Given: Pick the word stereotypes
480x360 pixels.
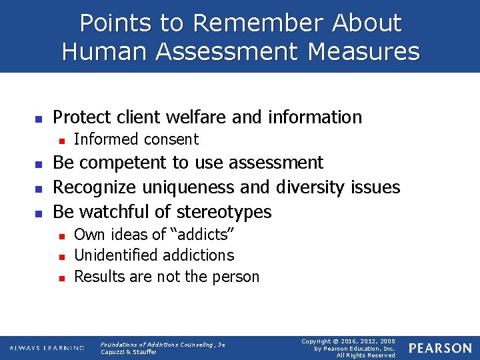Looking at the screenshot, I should (x=223, y=212).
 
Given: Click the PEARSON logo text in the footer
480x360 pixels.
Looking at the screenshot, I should (x=440, y=348).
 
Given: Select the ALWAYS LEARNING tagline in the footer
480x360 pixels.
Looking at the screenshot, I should (x=47, y=348).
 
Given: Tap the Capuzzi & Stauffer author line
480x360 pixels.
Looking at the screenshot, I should (x=129, y=352).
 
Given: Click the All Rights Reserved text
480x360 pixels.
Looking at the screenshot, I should (x=366, y=355).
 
